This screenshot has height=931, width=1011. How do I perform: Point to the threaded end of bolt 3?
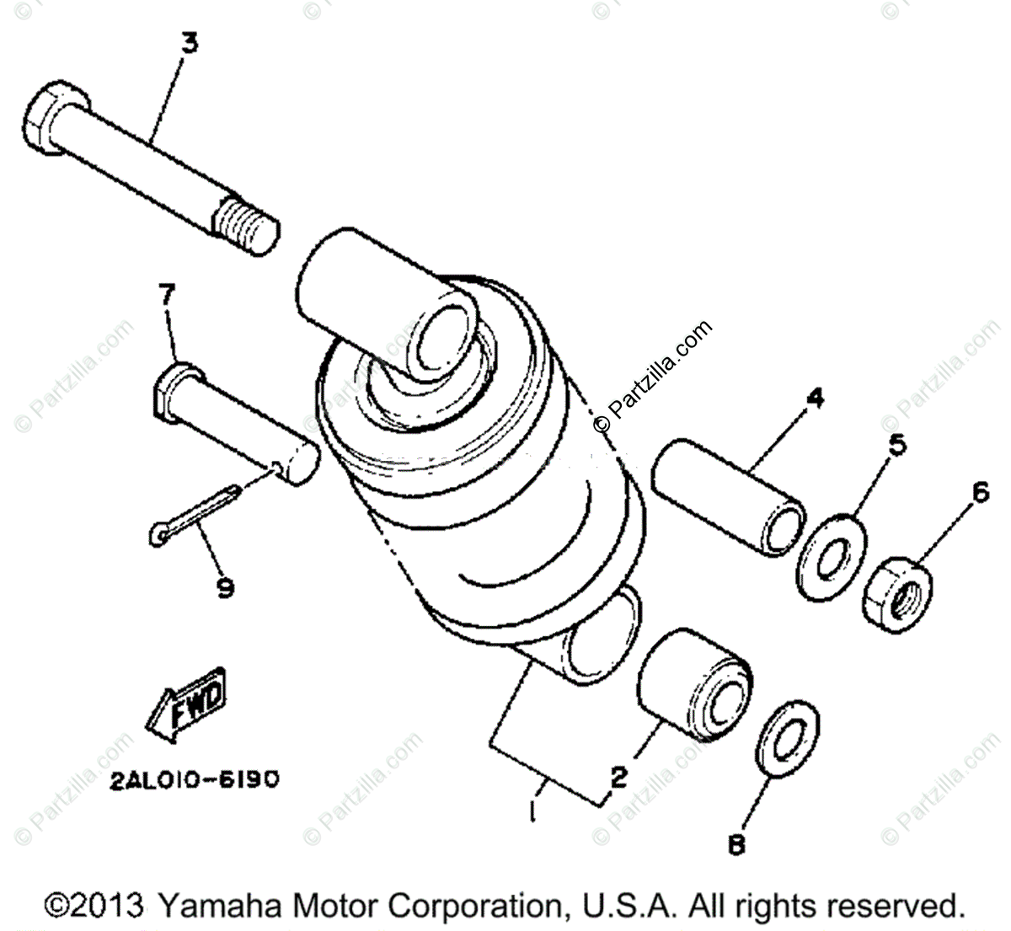[x=248, y=222]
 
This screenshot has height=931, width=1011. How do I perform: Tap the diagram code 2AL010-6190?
[x=194, y=780]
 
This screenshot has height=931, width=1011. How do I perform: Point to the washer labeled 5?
[x=831, y=556]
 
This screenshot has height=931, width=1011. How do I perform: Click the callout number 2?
[x=619, y=777]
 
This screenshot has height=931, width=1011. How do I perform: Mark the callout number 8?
[x=736, y=843]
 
